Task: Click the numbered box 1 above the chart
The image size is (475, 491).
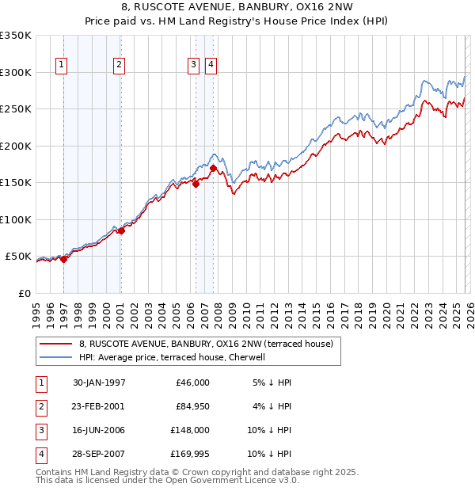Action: click(x=61, y=66)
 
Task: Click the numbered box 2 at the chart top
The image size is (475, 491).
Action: click(x=118, y=66)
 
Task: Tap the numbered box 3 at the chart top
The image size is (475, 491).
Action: click(x=193, y=66)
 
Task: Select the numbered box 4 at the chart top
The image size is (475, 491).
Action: click(x=211, y=66)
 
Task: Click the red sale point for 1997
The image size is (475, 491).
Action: click(x=64, y=259)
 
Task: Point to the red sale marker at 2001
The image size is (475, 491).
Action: click(x=121, y=230)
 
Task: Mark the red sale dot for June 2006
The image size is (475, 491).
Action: click(x=196, y=185)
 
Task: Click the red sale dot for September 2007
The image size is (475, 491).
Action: click(x=214, y=168)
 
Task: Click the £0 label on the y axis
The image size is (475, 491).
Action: click(x=23, y=293)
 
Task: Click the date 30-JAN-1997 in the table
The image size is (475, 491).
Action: click(x=99, y=383)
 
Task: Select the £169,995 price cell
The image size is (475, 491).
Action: click(x=190, y=454)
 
